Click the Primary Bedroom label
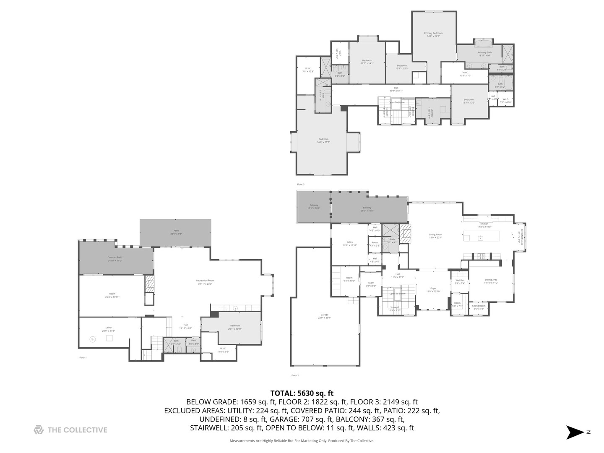(x=433, y=33)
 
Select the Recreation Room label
(x=205, y=281)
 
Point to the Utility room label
(x=109, y=328)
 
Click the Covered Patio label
(x=115, y=258)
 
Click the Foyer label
(x=433, y=289)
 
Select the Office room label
(x=350, y=242)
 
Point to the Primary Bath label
(x=484, y=53)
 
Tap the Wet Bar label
(x=460, y=280)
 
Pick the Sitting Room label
(x=479, y=306)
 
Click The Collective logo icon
(x=39, y=430)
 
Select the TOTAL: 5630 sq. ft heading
(x=302, y=393)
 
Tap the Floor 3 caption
(x=301, y=185)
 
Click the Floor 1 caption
(x=83, y=358)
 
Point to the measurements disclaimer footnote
(x=302, y=441)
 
